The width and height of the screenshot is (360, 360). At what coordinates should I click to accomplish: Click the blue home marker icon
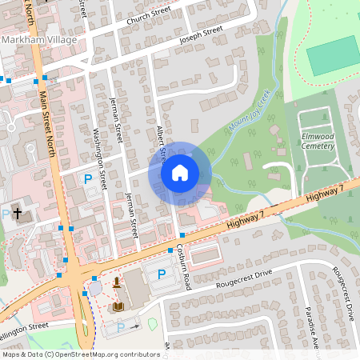coord(180,172)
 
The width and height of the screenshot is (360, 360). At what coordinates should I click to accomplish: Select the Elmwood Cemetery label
coord(323,141)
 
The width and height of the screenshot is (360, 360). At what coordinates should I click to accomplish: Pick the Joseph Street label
coord(201,35)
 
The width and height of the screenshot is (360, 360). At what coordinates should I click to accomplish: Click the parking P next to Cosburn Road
coord(162,274)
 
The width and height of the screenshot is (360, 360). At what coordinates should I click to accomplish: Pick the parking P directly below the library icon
coord(121,326)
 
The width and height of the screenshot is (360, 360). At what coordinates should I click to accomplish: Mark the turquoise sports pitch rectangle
coord(334,54)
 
